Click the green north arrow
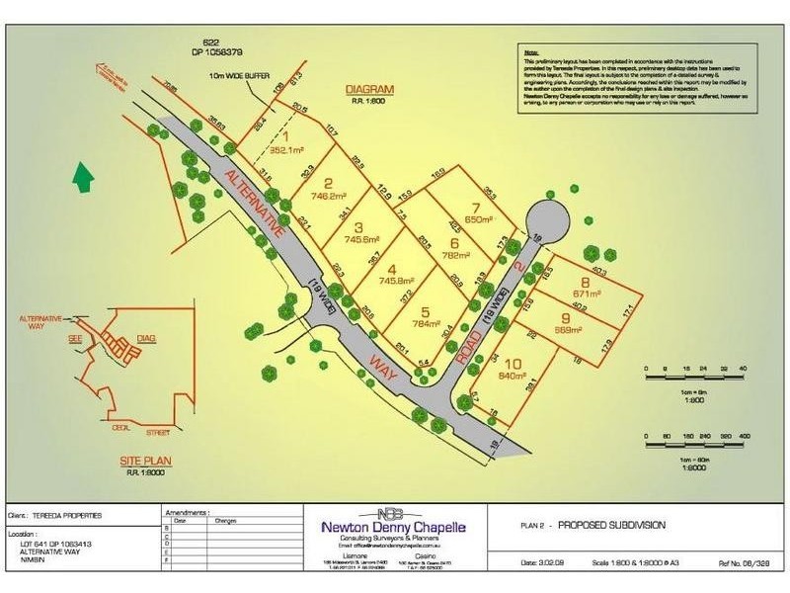point(84,179)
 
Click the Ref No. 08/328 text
point(747,562)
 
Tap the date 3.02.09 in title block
point(545,562)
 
